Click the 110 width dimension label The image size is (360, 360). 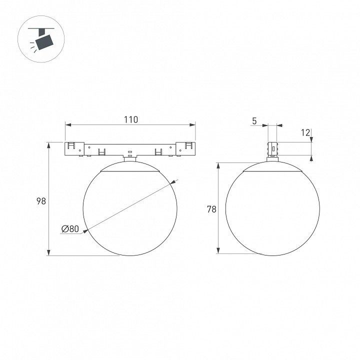[x=131, y=119]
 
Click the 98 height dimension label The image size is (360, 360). [x=41, y=201]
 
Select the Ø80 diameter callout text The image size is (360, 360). [x=70, y=228]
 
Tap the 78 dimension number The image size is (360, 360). [x=211, y=209]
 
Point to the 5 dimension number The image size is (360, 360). [x=254, y=121]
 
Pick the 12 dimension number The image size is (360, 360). [x=305, y=132]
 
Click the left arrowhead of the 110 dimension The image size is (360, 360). [x=68, y=125]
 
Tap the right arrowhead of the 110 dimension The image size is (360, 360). [x=192, y=125]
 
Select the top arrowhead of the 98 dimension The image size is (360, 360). [x=48, y=145]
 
